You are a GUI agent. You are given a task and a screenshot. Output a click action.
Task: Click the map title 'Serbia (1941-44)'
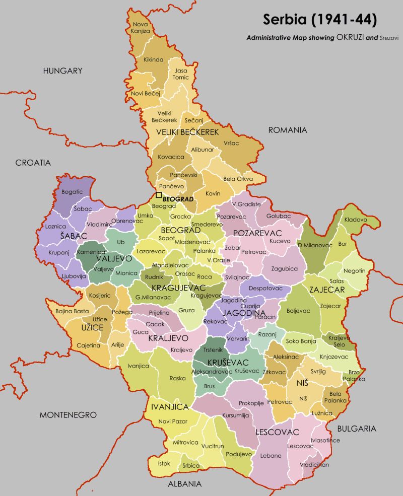click(x=319, y=20)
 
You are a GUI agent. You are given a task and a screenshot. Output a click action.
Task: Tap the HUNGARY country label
click(x=62, y=71)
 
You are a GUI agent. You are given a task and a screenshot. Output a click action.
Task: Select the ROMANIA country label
click(x=287, y=130)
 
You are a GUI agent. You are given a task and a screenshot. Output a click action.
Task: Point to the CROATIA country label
click(x=33, y=163)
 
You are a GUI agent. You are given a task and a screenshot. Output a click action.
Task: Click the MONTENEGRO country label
click(x=68, y=415)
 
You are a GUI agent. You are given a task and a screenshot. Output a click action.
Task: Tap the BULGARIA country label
click(x=356, y=429)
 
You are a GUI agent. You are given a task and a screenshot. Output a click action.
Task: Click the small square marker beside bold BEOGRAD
click(x=159, y=195)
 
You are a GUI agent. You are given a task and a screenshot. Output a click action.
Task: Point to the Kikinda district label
click(x=154, y=59)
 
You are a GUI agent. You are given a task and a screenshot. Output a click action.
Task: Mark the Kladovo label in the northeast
click(x=356, y=220)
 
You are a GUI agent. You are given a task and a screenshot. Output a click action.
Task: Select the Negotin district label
click(x=354, y=270)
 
